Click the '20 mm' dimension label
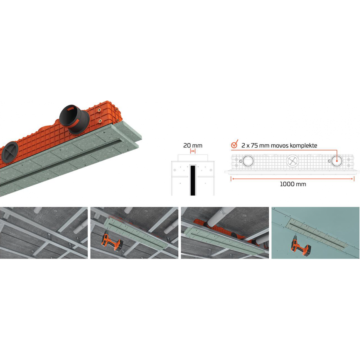click(193, 145)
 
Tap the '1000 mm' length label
click(293, 184)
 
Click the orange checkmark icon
click(235, 144)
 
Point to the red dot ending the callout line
click(337, 161)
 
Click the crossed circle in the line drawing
click(292, 161)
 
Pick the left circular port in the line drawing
click(248, 161)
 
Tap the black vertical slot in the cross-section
click(193, 181)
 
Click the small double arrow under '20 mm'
click(193, 151)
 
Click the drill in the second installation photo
click(112, 243)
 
